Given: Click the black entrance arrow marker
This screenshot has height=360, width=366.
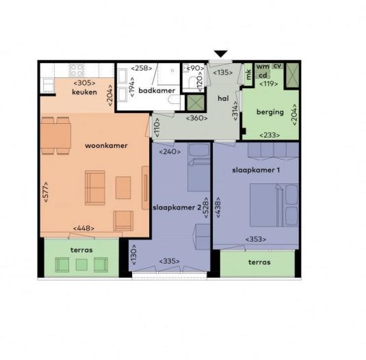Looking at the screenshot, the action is click(x=220, y=54).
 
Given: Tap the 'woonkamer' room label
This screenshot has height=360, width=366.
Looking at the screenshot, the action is click(x=106, y=146).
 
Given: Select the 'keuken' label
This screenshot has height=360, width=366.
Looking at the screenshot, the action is click(x=85, y=92).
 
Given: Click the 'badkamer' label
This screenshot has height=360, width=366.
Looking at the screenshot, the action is click(x=157, y=90).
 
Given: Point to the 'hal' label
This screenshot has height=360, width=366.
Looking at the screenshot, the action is click(x=223, y=99).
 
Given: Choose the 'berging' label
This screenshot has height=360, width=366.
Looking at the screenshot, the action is click(x=270, y=112).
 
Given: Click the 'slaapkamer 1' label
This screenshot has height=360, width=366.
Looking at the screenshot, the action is click(x=256, y=170).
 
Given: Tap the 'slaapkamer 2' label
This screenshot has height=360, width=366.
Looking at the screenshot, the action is click(x=177, y=207).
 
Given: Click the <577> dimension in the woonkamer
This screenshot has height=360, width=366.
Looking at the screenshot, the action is click(x=46, y=192).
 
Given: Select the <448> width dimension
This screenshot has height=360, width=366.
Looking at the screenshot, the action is click(x=83, y=228).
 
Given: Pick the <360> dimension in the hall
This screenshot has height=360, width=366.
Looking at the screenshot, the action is click(x=197, y=118).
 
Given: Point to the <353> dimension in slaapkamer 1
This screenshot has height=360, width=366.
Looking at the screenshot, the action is click(x=256, y=240).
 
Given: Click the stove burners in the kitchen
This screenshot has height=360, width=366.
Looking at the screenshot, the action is click(x=77, y=70).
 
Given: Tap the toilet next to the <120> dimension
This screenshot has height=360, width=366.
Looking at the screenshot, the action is click(x=193, y=81).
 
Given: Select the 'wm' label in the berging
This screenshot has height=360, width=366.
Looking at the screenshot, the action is click(x=263, y=66).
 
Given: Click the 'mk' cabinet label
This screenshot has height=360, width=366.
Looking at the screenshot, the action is click(x=248, y=75).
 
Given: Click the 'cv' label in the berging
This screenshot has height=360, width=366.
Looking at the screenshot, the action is click(x=277, y=66).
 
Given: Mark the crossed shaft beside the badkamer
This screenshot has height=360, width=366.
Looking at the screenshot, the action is click(x=196, y=103).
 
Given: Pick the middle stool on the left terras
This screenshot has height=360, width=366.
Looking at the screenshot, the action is click(x=81, y=264).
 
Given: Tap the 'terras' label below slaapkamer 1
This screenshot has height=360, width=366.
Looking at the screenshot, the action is click(x=259, y=262).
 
